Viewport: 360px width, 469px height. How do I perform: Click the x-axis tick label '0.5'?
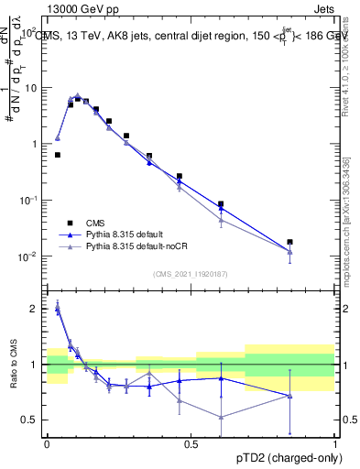tap(191, 443)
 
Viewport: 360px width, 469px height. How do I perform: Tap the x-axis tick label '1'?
tap(334, 443)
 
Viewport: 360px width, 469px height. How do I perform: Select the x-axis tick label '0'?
tap(47, 443)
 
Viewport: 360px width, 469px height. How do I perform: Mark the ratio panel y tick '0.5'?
tap(30, 420)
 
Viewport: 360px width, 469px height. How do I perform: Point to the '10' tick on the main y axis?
tap(30, 88)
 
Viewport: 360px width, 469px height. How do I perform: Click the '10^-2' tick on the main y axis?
tap(28, 256)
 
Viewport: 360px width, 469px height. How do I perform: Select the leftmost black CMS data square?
tap(58, 155)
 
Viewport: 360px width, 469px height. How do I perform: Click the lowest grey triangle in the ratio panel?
tap(221, 417)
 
